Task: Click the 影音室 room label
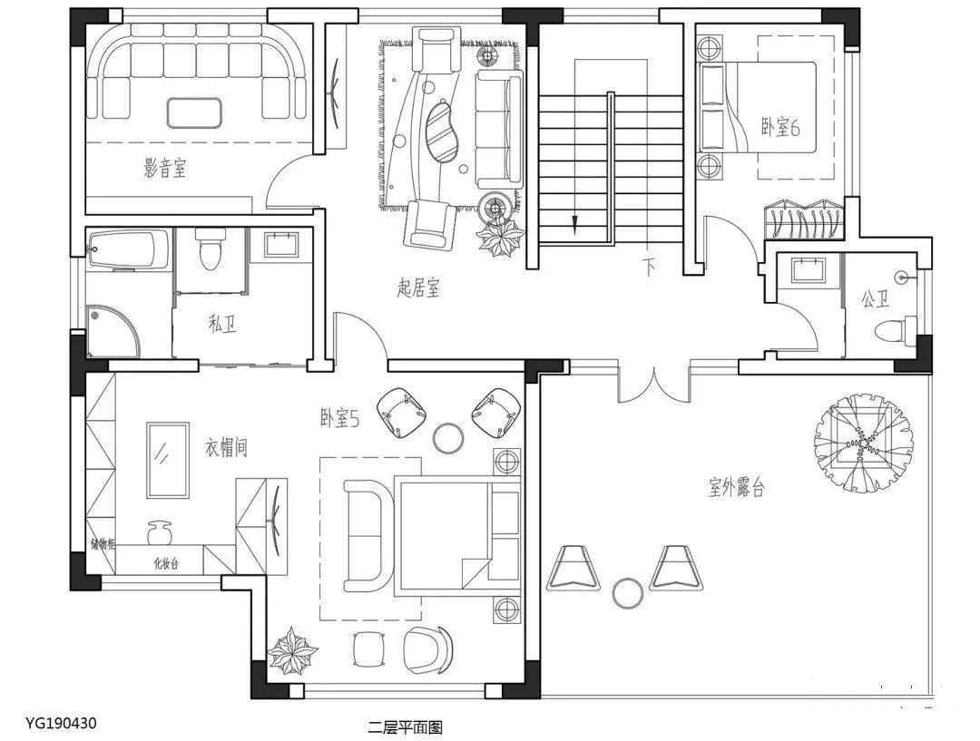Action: tap(165, 168)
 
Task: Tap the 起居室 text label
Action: tap(418, 288)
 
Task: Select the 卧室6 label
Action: tap(780, 127)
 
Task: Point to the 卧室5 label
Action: tap(340, 418)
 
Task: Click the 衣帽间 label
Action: tap(226, 447)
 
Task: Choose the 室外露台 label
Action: tap(736, 487)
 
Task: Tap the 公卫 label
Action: tap(875, 300)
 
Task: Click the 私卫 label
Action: tap(222, 325)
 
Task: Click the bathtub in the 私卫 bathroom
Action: tap(128, 249)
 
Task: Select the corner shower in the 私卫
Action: tap(113, 332)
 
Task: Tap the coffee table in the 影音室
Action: tap(194, 113)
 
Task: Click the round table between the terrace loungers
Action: tap(628, 593)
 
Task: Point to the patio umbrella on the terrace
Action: tap(863, 443)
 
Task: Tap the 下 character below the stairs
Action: tap(650, 268)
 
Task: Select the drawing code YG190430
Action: tap(62, 724)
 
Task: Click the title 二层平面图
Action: tap(405, 727)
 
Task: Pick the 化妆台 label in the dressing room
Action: tap(166, 563)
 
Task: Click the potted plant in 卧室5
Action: tap(292, 651)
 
